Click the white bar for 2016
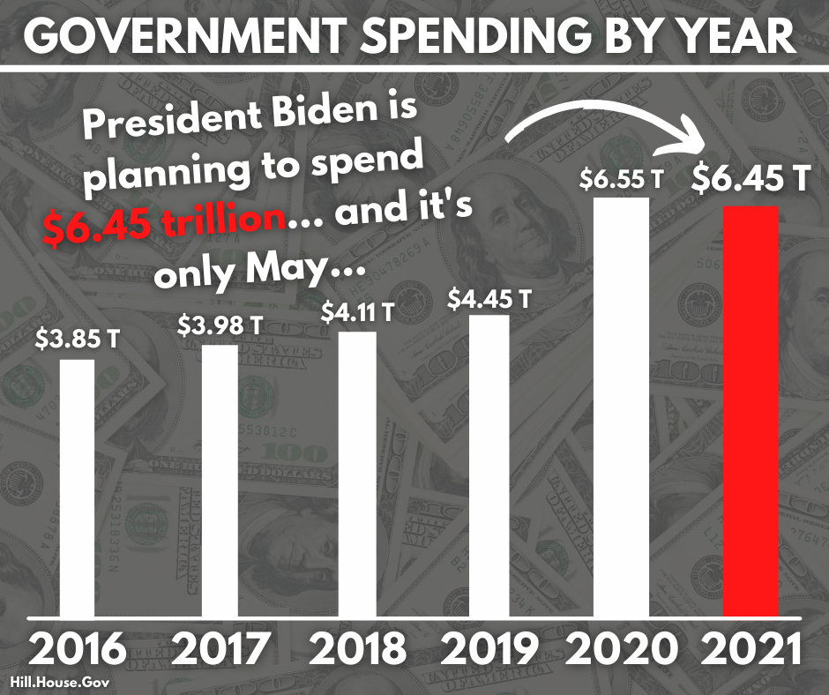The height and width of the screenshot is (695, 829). point(77,487)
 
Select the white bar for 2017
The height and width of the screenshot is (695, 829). point(220,480)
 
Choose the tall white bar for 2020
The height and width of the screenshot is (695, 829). point(621,406)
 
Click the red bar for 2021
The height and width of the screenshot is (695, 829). point(751,411)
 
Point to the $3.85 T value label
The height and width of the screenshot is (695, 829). point(77,338)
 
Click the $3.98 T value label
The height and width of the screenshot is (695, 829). point(220,325)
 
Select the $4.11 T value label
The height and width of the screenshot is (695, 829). point(357,312)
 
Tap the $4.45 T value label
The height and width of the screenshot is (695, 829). point(489,298)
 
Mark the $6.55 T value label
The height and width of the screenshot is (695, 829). point(622,180)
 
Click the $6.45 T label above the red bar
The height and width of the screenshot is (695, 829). point(751,181)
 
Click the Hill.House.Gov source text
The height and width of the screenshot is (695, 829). point(50,682)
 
